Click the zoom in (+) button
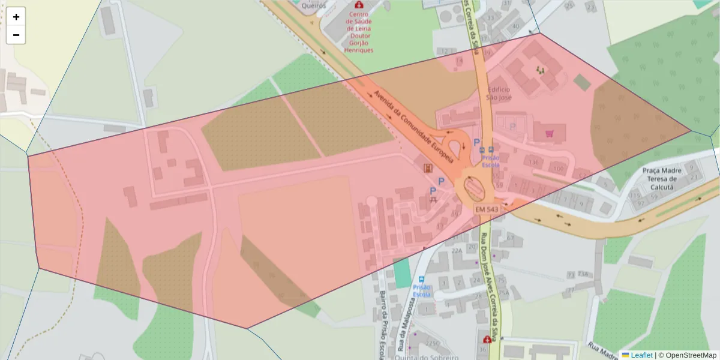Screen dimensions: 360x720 point(16,17)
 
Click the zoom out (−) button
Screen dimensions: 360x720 point(16,35)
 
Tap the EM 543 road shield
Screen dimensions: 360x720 point(487,209)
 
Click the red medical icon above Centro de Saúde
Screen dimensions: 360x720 point(359,5)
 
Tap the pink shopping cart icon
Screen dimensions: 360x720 point(549,133)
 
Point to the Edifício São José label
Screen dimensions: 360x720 point(499,93)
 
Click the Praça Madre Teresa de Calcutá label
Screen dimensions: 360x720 point(662,178)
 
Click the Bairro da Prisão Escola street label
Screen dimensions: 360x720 point(382,324)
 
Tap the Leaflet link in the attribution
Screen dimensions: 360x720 point(641,355)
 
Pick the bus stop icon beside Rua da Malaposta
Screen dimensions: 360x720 point(421,280)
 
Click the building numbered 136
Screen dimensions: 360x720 point(533,162)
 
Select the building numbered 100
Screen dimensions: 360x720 point(558,169)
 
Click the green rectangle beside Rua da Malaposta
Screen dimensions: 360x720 point(401,273)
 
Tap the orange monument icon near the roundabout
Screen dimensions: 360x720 point(427,169)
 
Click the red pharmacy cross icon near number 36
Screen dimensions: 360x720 point(487,340)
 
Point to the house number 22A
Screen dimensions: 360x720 point(457,251)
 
